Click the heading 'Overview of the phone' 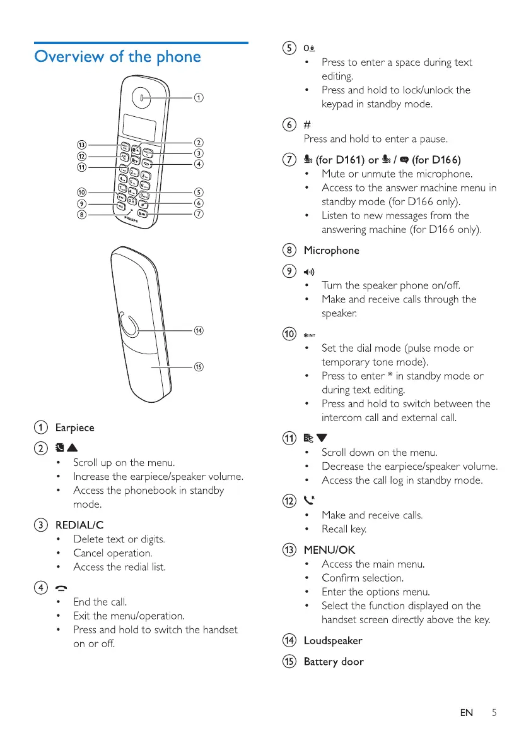(x=118, y=57)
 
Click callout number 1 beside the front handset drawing (x=199, y=97)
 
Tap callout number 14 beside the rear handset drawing (x=199, y=330)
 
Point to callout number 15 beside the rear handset (x=199, y=367)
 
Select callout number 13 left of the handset (x=81, y=145)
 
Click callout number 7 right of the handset (x=199, y=215)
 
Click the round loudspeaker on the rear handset (x=129, y=328)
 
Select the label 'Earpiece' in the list (x=74, y=427)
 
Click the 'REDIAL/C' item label (x=79, y=525)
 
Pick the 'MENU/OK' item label (x=329, y=550)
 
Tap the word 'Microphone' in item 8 (x=332, y=250)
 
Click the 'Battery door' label (x=334, y=662)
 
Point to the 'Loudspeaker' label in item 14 (x=333, y=641)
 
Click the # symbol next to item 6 (x=308, y=124)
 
